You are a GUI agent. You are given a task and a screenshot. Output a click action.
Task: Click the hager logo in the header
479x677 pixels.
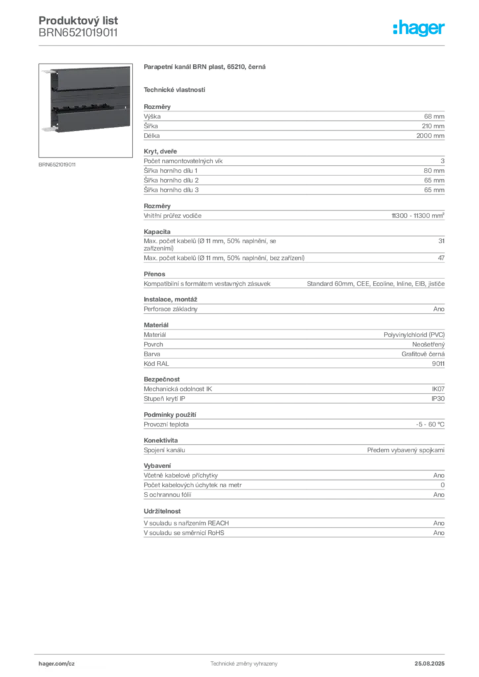coord(418,28)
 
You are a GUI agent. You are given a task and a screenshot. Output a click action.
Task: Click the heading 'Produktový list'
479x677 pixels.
coord(78,20)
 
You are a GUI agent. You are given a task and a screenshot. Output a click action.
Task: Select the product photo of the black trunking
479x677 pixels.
coord(85,110)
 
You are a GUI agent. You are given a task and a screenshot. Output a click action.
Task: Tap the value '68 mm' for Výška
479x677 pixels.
coord(434,116)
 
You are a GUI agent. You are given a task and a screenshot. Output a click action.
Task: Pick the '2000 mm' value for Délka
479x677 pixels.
coord(430,136)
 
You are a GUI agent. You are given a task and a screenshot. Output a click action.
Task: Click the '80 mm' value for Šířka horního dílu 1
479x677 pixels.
coord(434,171)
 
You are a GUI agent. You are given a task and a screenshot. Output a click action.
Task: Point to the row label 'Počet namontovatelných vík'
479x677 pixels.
coord(183,161)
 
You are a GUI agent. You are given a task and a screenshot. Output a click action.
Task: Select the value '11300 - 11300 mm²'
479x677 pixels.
coord(418,216)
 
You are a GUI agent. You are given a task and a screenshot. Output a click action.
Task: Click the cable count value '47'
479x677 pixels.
coord(441,258)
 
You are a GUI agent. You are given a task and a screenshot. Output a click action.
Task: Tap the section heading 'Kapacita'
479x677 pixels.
coord(157,231)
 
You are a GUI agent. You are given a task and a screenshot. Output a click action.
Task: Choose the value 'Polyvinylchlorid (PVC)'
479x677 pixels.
coord(414,335)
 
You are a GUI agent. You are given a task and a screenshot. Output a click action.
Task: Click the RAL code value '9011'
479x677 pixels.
coord(438,364)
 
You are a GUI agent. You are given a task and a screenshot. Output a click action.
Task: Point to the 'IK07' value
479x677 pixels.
coord(438,389)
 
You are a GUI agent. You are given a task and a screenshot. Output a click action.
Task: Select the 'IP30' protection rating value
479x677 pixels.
coord(438,399)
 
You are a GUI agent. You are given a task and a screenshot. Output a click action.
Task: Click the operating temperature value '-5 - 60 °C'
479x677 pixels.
coord(430,424)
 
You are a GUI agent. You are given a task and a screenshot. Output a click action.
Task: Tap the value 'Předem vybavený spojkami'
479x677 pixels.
coord(406,450)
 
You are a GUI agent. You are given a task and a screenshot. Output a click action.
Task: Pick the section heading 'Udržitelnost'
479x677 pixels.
coord(162,511)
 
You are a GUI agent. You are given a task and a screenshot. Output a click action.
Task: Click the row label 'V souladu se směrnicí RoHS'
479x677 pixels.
coord(184,533)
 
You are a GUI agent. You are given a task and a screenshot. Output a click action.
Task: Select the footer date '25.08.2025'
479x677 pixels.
coord(429,664)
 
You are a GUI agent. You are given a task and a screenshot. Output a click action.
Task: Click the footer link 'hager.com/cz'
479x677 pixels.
coord(57,664)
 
